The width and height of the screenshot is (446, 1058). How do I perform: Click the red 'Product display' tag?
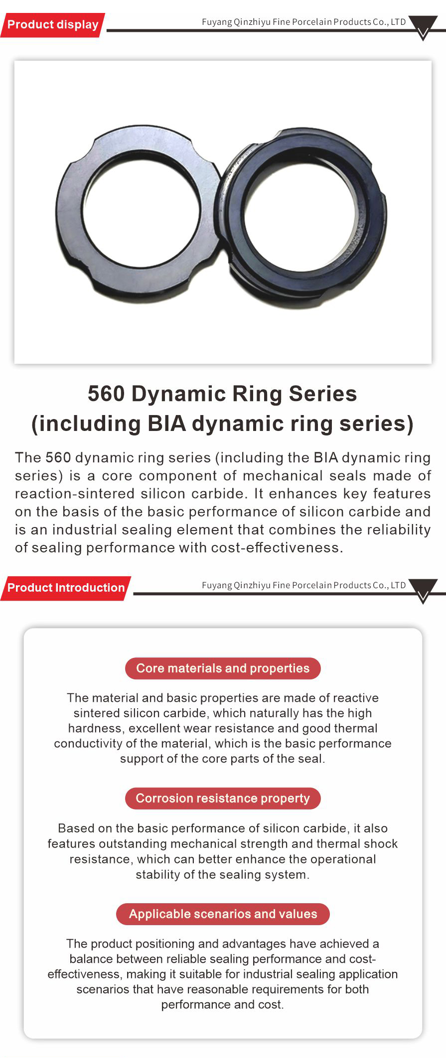pos(53,25)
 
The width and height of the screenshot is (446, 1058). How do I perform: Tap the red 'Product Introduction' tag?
pos(66,588)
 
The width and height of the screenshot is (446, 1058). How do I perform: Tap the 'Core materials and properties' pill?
pos(223,668)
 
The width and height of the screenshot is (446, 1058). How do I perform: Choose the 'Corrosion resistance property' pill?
pos(223,798)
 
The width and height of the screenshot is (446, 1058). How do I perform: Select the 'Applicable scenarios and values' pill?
pos(223,914)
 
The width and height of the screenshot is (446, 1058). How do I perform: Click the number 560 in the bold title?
pos(106,394)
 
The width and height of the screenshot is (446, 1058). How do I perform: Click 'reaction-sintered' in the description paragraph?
pos(75,494)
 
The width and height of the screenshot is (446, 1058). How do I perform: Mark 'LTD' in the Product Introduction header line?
pos(399,585)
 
